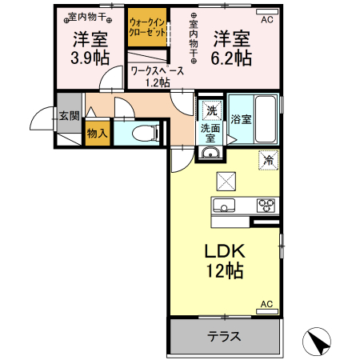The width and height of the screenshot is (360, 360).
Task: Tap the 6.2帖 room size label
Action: pos(232,57)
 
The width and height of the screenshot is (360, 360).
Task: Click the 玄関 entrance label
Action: pos(69,115)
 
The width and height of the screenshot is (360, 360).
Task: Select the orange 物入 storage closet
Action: pos(97,133)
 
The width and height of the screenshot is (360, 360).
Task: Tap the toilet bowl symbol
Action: pos(146,133)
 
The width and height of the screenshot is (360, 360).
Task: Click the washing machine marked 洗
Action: pos(211,110)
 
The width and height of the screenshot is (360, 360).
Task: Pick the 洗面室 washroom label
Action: pos(210,133)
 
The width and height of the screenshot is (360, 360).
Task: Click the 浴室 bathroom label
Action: pos(242,120)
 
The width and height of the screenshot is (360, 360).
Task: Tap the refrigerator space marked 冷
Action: pos(268,159)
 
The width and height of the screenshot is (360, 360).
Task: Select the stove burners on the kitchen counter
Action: pos(265,205)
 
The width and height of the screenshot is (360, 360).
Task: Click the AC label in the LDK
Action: pos(266,306)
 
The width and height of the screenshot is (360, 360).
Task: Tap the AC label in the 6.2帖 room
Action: pos(266,19)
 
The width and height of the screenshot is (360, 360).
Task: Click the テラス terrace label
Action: pos(225,336)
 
